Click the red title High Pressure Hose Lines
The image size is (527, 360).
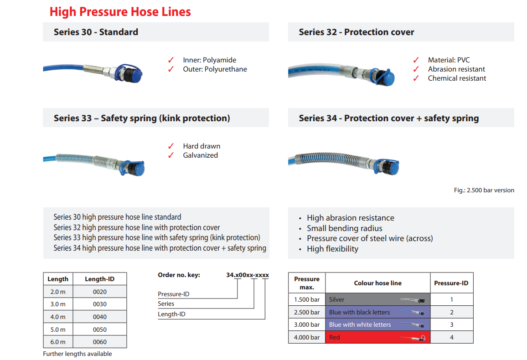click(120, 11)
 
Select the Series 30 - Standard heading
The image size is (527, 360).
click(96, 32)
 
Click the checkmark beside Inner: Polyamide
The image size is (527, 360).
click(171, 60)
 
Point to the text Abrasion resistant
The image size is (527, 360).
click(456, 69)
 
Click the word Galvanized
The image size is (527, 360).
click(200, 155)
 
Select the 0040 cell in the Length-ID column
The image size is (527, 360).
click(99, 317)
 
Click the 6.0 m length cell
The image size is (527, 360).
click(57, 342)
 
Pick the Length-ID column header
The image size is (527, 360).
click(99, 279)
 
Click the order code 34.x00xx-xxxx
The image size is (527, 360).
click(248, 275)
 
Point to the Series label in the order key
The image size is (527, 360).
click(166, 303)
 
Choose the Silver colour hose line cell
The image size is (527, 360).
click(377, 299)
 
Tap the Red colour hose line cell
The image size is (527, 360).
click(377, 337)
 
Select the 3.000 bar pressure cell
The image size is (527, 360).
click(307, 324)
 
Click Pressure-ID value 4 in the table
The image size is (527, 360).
click(451, 337)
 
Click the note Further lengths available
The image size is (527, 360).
click(77, 354)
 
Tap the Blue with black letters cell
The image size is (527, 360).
click(377, 312)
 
